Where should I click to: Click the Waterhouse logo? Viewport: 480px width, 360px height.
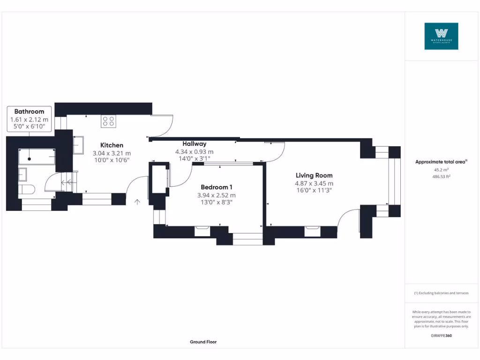441,36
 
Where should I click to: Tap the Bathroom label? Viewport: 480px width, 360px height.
29,112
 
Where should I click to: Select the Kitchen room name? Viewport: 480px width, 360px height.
112,145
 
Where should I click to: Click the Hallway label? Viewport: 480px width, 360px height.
194,144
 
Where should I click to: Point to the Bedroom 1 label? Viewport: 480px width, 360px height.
216,187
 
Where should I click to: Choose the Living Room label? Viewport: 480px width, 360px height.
314,175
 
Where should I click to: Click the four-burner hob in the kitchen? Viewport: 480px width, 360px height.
108,121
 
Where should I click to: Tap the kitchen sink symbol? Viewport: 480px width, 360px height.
78,145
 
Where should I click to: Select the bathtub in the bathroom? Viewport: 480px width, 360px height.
37,157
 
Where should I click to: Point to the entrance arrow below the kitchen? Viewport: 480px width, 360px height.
137,202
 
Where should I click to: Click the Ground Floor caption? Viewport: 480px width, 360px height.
203,342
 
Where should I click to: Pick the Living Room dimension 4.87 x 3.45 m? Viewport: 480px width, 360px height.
314,183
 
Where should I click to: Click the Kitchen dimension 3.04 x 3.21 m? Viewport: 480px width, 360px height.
112,153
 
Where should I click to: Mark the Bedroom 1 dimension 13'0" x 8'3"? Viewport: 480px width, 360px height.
216,202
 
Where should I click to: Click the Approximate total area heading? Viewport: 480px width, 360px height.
441,162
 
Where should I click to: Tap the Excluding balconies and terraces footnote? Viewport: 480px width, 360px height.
441,293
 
